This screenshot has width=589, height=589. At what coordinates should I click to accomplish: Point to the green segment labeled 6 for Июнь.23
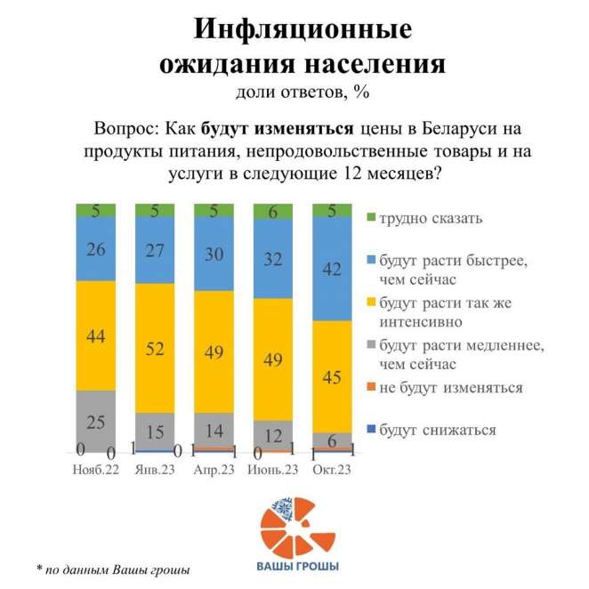tap(273, 211)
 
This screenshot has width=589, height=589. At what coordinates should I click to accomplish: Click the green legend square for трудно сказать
tap(370, 217)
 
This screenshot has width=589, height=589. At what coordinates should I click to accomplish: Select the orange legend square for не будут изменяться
tap(370, 388)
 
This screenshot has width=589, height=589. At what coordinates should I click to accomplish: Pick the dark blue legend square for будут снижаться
tap(370, 430)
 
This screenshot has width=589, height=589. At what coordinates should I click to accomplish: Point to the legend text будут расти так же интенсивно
tap(435, 311)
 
